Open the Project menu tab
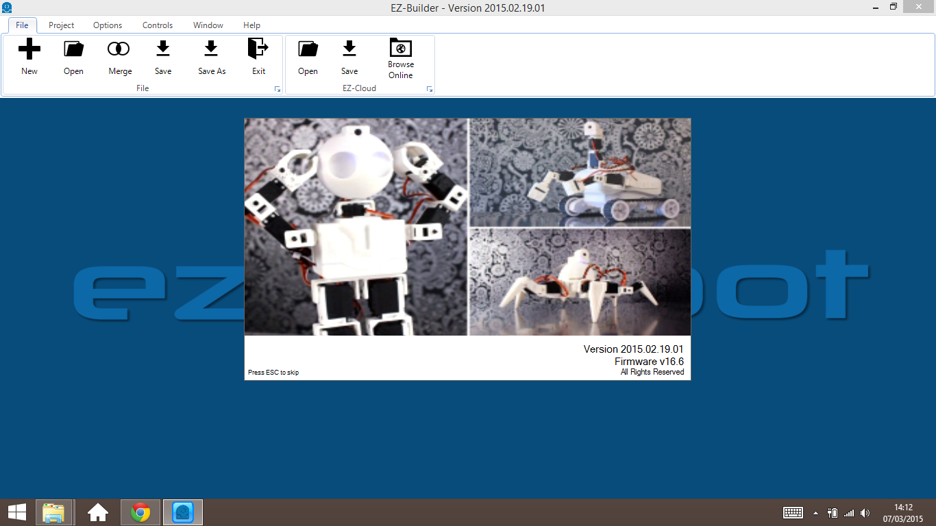tap(61, 25)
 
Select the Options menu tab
tap(108, 25)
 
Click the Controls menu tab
tap(158, 25)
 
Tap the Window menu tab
tap(208, 25)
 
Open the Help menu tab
tap(251, 25)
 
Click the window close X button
tap(921, 7)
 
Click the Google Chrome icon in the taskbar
tap(140, 512)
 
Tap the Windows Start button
tap(17, 512)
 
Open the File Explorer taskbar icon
tap(53, 512)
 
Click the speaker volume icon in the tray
tap(865, 513)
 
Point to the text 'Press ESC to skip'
tap(273, 373)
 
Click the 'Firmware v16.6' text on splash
tap(649, 362)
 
